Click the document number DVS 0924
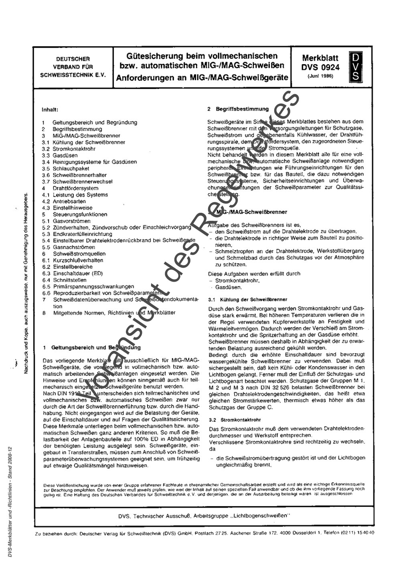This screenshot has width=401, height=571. (320, 67)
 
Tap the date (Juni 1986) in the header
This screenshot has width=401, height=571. (320, 76)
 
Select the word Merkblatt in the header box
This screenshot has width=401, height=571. (320, 58)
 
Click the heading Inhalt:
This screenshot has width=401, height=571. (50, 109)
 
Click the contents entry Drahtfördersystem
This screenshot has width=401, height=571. (75, 188)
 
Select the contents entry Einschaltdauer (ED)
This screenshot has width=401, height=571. (78, 273)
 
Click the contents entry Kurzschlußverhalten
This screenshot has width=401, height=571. (78, 260)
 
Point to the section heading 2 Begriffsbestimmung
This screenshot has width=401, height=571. (238, 109)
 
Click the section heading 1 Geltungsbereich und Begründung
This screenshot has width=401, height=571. (92, 348)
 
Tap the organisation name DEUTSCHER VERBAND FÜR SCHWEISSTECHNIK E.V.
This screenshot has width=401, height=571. (73, 67)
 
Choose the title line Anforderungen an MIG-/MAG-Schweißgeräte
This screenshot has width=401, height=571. (202, 77)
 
